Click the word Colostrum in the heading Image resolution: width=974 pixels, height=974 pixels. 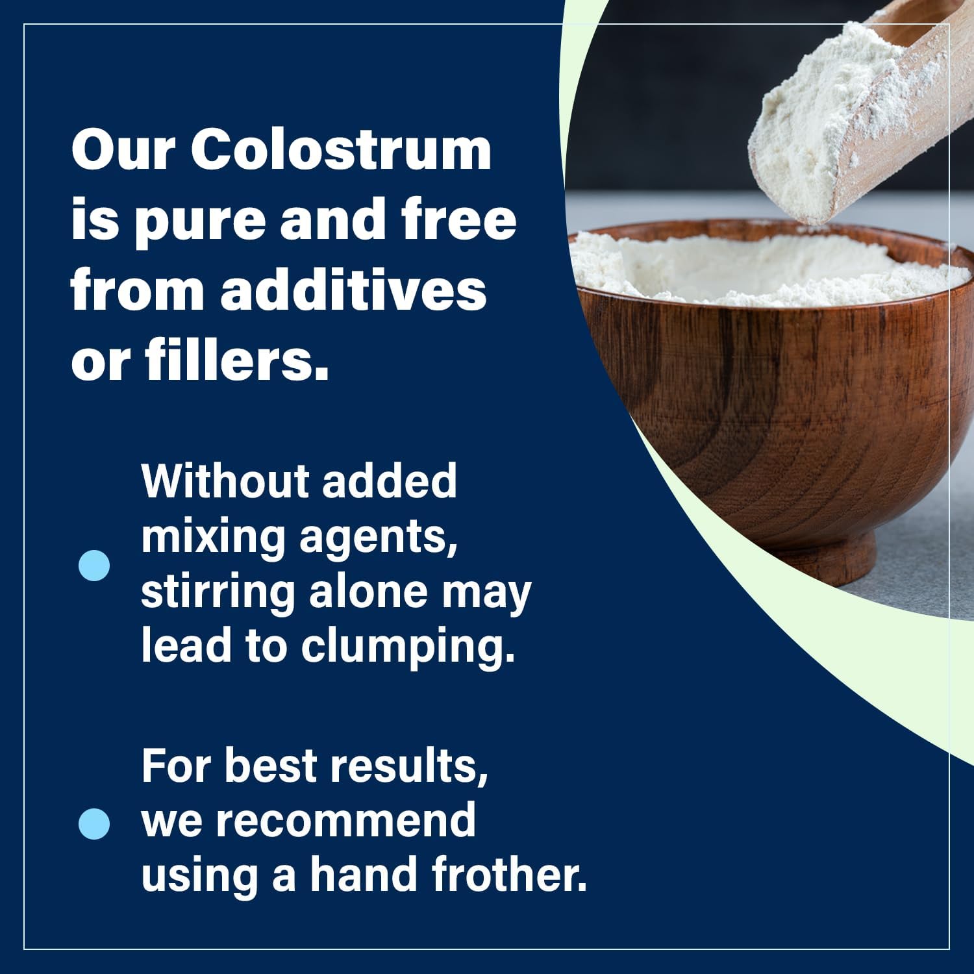point(341,150)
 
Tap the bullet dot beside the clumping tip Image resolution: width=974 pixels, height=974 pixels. point(94,565)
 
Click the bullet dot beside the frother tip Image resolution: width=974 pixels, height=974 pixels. point(94,823)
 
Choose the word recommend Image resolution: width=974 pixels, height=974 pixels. point(345,821)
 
